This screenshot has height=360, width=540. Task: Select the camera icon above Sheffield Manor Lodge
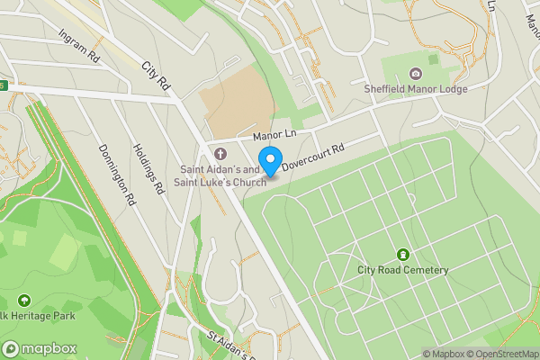(415, 74)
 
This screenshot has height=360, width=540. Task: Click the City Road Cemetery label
(402, 270)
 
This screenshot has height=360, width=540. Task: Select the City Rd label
(156, 75)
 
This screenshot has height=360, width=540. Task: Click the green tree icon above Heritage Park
(23, 300)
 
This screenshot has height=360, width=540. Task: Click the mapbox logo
(40, 348)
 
